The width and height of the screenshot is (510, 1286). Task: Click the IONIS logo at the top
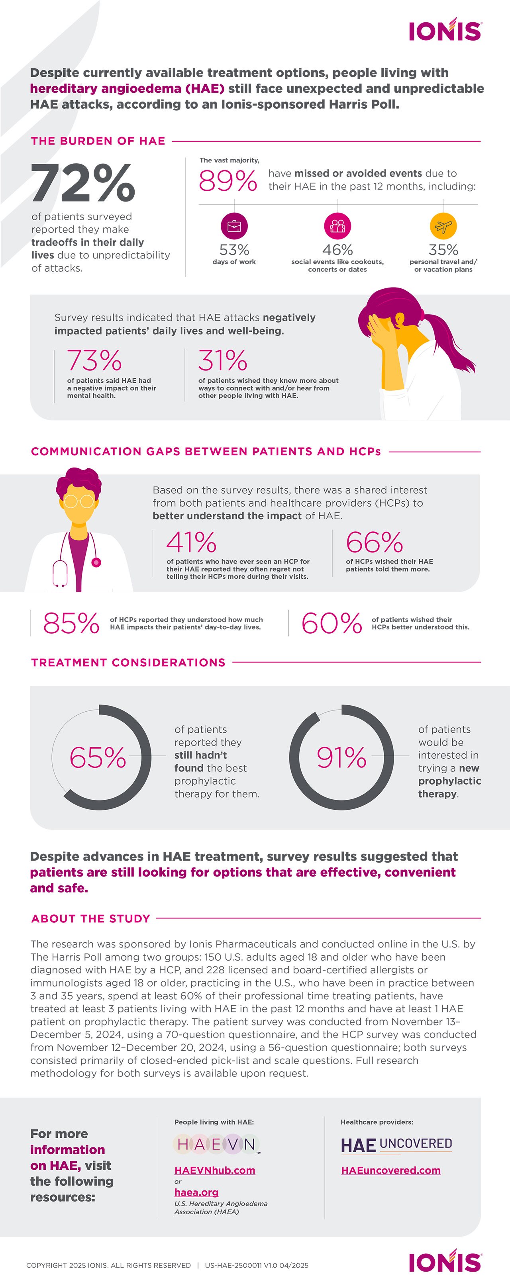pyautogui.click(x=445, y=31)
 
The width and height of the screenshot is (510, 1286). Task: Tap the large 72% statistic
pyautogui.click(x=83, y=183)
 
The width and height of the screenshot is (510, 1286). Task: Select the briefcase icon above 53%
pyautogui.click(x=234, y=226)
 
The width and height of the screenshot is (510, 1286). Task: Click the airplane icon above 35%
pyautogui.click(x=443, y=226)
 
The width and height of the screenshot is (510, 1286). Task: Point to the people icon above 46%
pyautogui.click(x=337, y=226)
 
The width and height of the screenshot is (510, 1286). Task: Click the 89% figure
pyautogui.click(x=228, y=181)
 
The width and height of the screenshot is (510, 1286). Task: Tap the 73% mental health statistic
pyautogui.click(x=94, y=360)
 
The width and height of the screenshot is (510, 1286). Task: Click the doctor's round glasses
pyautogui.click(x=79, y=501)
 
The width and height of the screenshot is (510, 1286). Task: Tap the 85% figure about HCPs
pyautogui.click(x=71, y=624)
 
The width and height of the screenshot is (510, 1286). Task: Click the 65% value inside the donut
pyautogui.click(x=98, y=758)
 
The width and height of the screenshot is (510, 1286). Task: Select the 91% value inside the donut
pyautogui.click(x=342, y=758)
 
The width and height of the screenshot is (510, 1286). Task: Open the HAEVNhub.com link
pyautogui.click(x=215, y=1171)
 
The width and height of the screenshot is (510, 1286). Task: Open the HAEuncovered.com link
pyautogui.click(x=390, y=1171)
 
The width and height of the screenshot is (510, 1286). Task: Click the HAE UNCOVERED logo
pyautogui.click(x=396, y=1145)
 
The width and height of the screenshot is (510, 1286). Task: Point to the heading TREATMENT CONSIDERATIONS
pyautogui.click(x=128, y=662)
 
